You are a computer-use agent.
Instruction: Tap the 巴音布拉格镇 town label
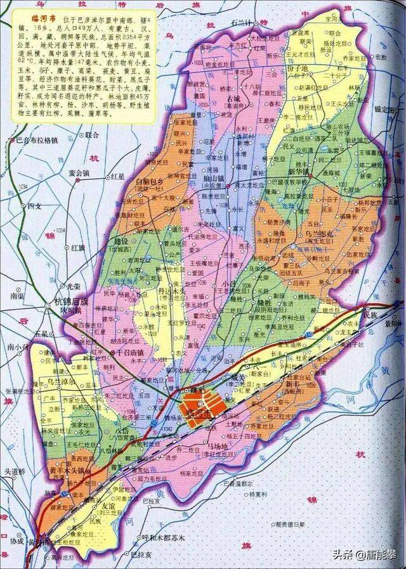click(36, 140)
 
